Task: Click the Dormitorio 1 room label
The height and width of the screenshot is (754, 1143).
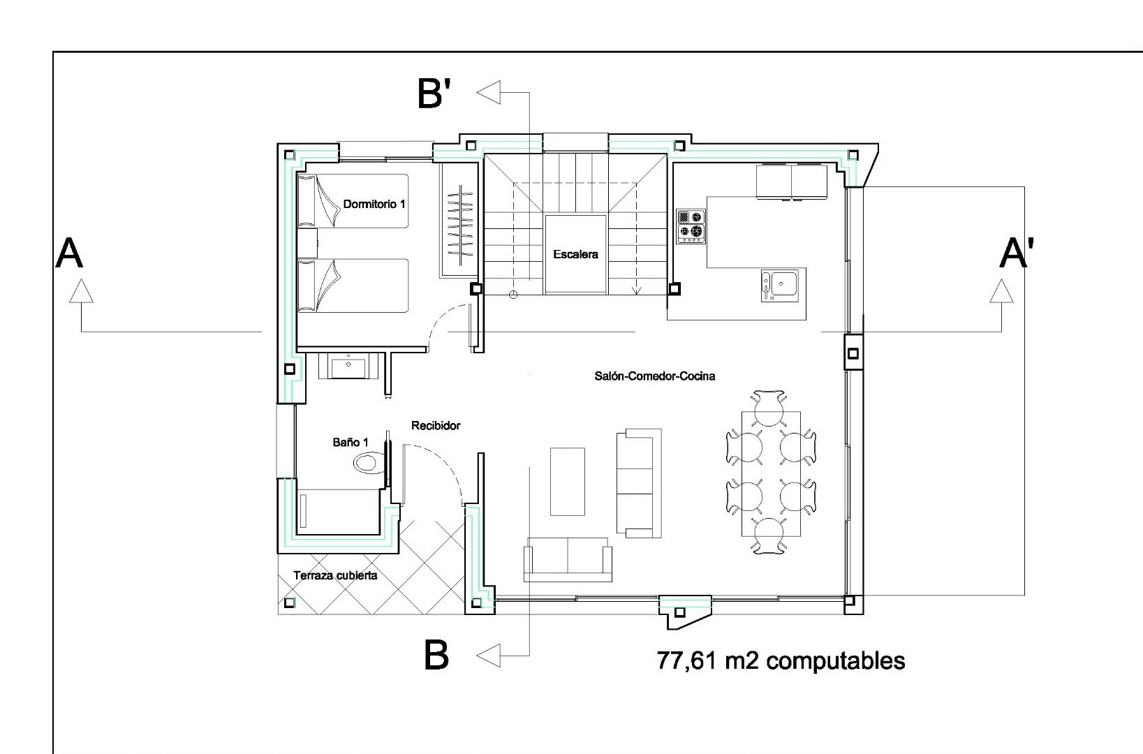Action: click(x=374, y=204)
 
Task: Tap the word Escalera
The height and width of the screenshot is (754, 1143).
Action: click(x=575, y=254)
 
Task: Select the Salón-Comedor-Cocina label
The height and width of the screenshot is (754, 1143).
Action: click(x=655, y=376)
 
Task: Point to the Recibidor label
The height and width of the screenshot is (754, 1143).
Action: click(x=436, y=425)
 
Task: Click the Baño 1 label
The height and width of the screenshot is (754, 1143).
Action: click(x=351, y=443)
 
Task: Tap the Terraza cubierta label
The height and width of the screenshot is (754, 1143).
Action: click(x=335, y=575)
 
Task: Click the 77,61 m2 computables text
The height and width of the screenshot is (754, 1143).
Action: click(x=781, y=660)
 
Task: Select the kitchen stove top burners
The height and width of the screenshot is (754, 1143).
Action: click(x=691, y=226)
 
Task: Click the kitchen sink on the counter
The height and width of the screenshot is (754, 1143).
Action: click(x=779, y=285)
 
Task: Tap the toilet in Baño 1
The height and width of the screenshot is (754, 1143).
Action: click(x=369, y=463)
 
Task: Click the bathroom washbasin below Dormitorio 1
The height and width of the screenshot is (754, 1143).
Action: click(x=348, y=367)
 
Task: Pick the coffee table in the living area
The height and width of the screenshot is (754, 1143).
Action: click(x=568, y=482)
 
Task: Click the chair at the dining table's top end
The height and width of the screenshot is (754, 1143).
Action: click(x=769, y=408)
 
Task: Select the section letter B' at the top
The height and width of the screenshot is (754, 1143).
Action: click(x=434, y=94)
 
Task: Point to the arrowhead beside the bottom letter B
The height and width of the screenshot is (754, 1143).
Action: click(x=488, y=656)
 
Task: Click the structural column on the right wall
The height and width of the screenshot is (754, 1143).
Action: click(x=853, y=353)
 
